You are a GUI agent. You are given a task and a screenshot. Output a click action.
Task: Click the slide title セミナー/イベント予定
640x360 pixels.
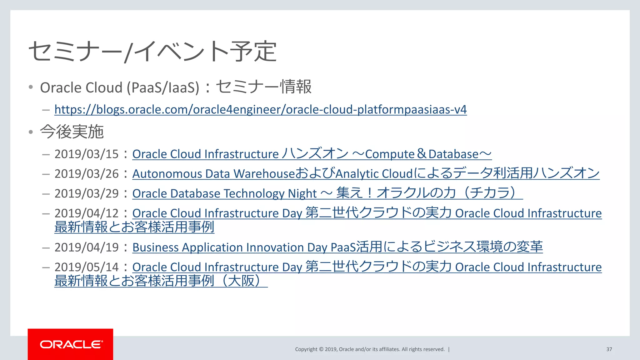tap(152, 52)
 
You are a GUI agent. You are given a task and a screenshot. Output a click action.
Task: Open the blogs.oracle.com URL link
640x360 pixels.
tap(260, 110)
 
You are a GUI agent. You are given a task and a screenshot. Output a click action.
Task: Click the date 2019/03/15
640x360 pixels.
tap(87, 154)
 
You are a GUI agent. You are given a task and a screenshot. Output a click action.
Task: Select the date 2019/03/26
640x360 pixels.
tap(87, 174)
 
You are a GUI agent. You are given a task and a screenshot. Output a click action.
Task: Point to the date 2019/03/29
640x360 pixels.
tap(87, 194)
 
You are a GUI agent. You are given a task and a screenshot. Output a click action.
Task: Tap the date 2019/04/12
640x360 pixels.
tap(87, 213)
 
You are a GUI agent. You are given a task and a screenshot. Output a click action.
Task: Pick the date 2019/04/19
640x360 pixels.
tap(87, 247)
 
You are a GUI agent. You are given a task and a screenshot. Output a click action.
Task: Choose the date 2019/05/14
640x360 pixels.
tap(87, 267)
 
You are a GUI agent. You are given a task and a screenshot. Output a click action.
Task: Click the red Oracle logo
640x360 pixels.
tap(70, 344)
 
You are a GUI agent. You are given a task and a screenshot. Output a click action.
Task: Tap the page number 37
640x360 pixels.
tap(609, 349)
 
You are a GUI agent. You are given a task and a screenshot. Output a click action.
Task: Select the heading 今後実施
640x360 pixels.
tap(72, 132)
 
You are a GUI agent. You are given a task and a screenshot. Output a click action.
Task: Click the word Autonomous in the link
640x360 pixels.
tap(167, 174)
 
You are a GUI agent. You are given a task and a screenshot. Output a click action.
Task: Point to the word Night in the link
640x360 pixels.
tap(302, 194)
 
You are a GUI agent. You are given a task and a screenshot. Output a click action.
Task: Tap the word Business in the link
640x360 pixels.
tap(155, 247)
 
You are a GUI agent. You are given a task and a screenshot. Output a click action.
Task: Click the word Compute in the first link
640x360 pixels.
tap(390, 154)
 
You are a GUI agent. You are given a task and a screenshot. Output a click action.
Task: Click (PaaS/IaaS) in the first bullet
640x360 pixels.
tap(163, 88)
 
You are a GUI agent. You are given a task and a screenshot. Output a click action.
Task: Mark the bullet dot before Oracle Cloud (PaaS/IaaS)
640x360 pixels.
tap(31, 87)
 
